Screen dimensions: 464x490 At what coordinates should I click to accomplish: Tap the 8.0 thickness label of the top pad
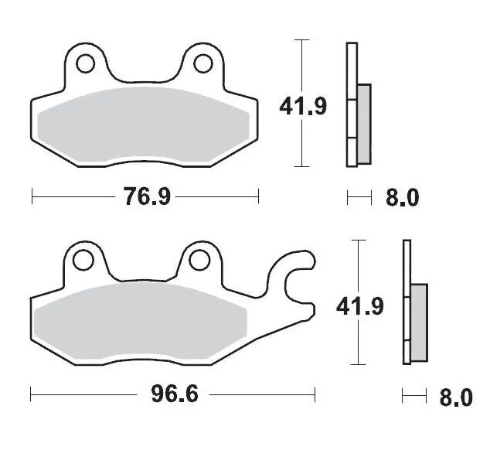pos(402,198)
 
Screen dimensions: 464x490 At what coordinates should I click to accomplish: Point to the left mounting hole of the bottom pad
pos(81,259)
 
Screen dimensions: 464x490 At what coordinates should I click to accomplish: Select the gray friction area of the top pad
pos(144,124)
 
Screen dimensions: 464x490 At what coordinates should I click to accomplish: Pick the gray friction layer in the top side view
pos(364,123)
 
